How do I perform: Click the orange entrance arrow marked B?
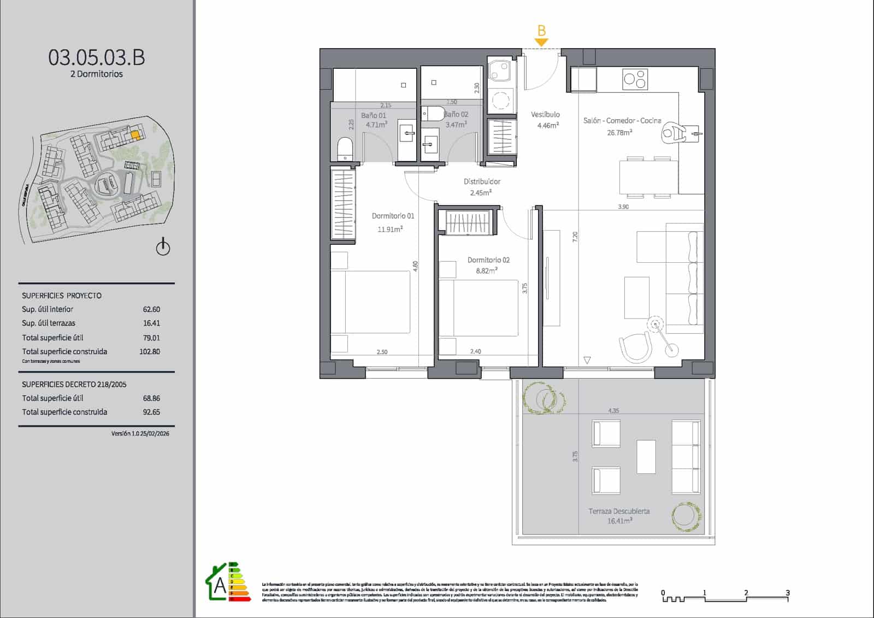541,42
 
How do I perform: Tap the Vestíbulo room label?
545,115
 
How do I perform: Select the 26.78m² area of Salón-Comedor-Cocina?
619,132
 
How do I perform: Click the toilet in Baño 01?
345,149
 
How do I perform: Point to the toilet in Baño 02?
435,114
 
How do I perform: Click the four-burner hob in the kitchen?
635,80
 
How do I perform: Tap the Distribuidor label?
482,181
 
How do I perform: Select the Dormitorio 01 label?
393,216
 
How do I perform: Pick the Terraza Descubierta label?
619,511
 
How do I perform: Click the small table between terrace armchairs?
646,457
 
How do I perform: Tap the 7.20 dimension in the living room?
575,237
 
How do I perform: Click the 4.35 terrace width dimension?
613,411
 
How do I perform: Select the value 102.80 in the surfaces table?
150,352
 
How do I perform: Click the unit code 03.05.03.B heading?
97,57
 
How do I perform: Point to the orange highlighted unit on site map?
135,134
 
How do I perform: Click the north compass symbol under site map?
163,248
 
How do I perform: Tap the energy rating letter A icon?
220,585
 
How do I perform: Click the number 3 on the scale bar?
787,592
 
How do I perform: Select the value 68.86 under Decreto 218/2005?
151,398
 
